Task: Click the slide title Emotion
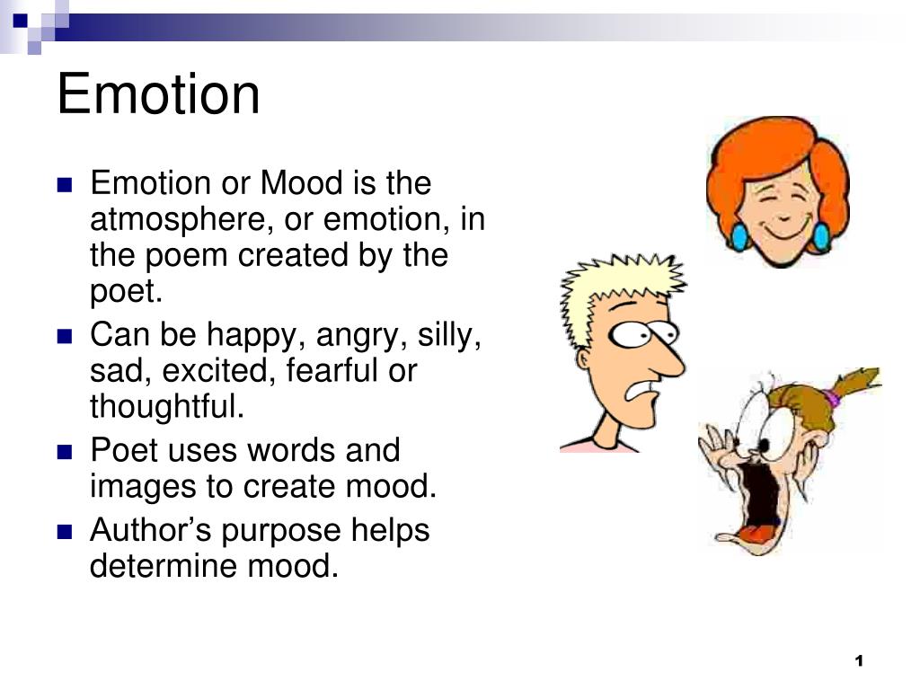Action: point(158,94)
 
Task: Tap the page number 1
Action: point(859,661)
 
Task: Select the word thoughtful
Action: point(167,407)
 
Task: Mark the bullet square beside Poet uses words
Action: point(64,452)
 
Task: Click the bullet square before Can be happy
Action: point(64,337)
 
